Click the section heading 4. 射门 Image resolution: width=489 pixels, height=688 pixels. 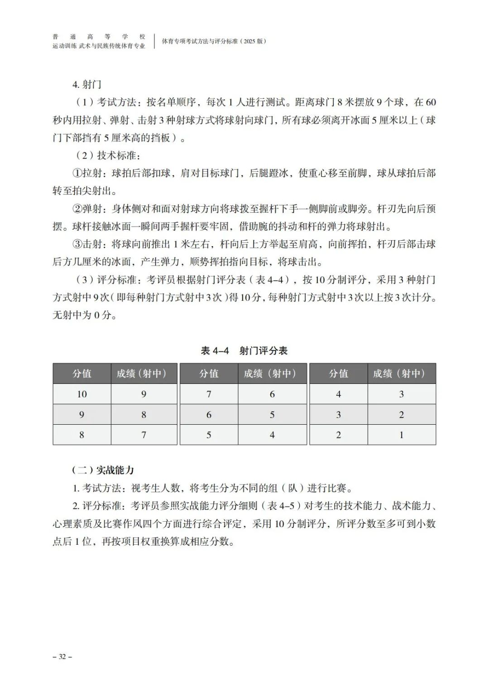tap(86, 84)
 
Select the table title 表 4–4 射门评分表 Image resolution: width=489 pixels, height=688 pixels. tap(244, 350)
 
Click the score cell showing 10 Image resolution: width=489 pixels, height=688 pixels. tap(82, 394)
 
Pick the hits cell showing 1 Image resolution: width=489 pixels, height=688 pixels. tap(402, 435)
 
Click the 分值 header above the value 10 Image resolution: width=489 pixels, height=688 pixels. tap(82, 373)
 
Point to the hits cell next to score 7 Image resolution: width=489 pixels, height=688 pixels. tap(272, 394)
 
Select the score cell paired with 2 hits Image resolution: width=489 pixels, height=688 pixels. tap(338, 414)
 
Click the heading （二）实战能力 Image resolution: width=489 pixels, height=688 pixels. tap(103, 470)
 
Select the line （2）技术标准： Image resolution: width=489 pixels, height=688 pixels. tap(108, 155)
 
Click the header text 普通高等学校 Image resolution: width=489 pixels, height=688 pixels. tap(99, 37)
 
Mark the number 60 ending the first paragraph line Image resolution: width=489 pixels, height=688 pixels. tap(430, 102)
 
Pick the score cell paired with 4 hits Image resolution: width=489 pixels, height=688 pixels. tap(209, 435)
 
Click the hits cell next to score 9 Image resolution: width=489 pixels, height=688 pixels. tap(144, 414)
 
